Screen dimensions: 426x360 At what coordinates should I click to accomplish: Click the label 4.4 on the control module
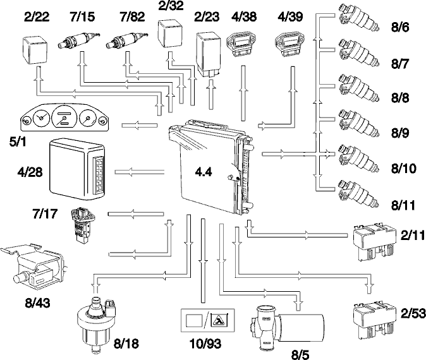coord(204,172)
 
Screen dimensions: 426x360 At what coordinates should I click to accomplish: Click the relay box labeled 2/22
coord(35,50)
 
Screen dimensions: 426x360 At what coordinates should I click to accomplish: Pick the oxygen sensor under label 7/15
coord(79,40)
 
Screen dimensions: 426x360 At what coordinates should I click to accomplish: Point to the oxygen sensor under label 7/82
coord(127,40)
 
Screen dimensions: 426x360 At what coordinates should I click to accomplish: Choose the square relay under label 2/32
coord(171,33)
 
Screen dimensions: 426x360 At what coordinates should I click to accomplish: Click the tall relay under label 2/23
coord(209,55)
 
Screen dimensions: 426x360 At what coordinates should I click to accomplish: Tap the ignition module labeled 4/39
coord(290,44)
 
